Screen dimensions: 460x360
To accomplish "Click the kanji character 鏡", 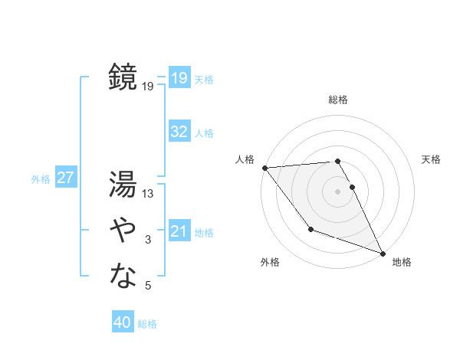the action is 123,77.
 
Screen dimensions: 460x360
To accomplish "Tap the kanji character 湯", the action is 123,184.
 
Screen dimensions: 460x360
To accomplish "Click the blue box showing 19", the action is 179,77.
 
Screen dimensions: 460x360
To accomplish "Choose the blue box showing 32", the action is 179,132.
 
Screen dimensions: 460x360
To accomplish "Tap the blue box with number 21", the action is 179,231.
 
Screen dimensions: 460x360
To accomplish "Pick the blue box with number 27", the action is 65,178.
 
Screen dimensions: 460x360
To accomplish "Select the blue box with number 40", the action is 123,322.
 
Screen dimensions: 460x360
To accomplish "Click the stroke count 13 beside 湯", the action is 148,194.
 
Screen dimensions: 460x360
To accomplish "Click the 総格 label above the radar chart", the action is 338,100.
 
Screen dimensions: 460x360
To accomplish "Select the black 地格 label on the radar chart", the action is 402,262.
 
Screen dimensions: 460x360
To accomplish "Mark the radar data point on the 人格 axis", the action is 264,167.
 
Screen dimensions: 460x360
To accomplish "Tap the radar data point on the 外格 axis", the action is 310,229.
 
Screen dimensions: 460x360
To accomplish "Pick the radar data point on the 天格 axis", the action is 353,186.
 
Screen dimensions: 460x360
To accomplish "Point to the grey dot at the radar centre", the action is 338,191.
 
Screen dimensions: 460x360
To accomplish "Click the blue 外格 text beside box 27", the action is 41,179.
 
